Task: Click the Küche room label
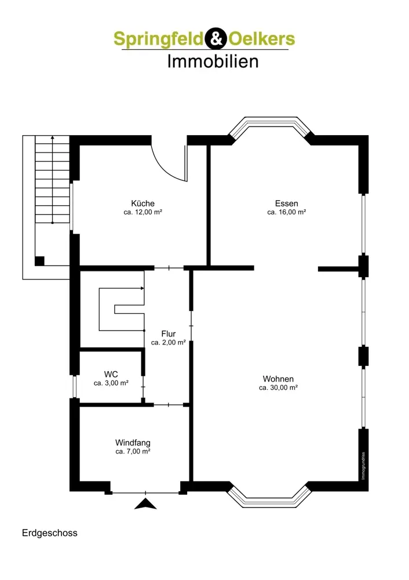[143, 204]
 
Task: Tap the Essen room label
[286, 204]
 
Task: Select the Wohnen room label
[278, 379]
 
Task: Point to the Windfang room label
[133, 443]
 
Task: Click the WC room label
[111, 374]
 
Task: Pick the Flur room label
[169, 333]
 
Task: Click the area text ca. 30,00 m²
[278, 387]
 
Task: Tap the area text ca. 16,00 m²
[286, 212]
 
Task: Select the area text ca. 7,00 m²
[133, 451]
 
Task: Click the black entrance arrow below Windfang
[145, 505]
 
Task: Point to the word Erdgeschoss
[49, 533]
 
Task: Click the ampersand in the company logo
[216, 38]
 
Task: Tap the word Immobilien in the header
[213, 61]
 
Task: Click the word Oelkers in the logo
[262, 38]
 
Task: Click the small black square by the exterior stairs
[39, 261]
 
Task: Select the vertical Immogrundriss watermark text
[363, 466]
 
